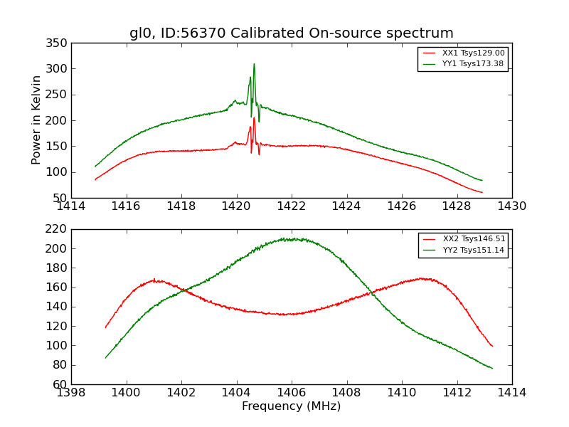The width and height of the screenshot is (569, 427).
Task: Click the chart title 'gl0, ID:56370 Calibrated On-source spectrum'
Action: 292,33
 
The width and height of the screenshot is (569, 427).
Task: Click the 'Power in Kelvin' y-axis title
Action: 37,120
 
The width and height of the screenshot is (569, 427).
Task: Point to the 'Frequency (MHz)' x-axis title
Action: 292,406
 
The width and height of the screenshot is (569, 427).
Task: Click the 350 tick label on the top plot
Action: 59,43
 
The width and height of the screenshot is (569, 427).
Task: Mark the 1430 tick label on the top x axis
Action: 511,206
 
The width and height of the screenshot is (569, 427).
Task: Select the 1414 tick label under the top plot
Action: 72,206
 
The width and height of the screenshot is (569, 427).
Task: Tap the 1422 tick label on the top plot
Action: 292,206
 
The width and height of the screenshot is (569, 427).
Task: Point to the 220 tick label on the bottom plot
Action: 59,229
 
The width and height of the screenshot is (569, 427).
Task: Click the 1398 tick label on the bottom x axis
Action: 72,392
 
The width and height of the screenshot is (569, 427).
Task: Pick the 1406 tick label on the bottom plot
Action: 292,392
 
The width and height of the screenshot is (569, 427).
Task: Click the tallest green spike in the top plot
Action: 254,64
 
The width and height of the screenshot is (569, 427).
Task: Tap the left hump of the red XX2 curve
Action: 154,280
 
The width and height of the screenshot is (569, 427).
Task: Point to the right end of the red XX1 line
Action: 482,192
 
